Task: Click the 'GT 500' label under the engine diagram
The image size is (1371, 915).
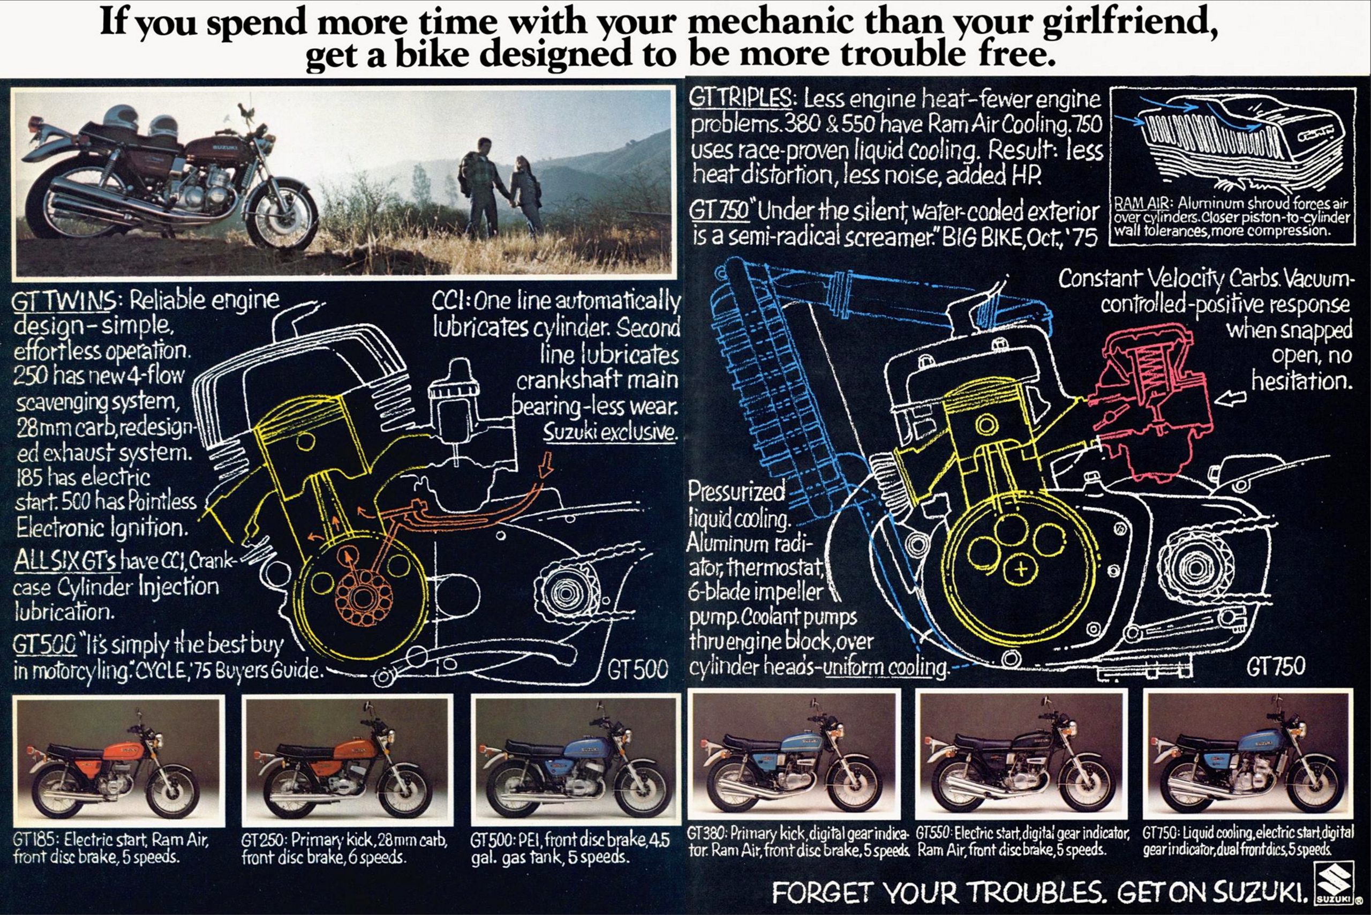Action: (637, 669)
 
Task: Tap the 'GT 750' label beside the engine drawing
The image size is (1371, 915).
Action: (1275, 666)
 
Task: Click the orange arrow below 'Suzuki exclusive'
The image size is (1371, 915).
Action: (545, 464)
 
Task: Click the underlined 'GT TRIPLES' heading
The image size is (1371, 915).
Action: (740, 98)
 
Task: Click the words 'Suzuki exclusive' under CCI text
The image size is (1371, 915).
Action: (610, 432)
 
